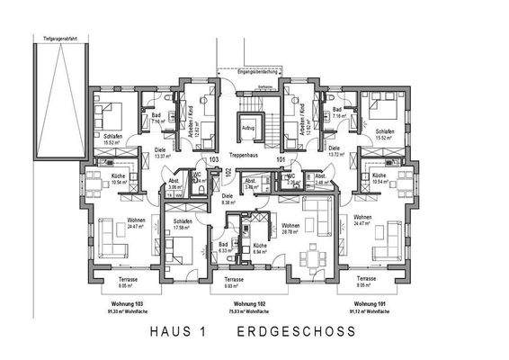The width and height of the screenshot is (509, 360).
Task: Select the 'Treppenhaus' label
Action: tap(247, 155)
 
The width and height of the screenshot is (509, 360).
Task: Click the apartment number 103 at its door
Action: tap(214, 159)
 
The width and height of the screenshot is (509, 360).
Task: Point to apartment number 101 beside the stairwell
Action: tap(281, 159)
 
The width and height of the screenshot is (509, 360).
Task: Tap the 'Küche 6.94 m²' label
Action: tap(259, 247)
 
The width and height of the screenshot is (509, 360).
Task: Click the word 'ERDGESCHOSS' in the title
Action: tap(296, 332)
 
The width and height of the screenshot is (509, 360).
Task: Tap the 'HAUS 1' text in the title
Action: tap(175, 332)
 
